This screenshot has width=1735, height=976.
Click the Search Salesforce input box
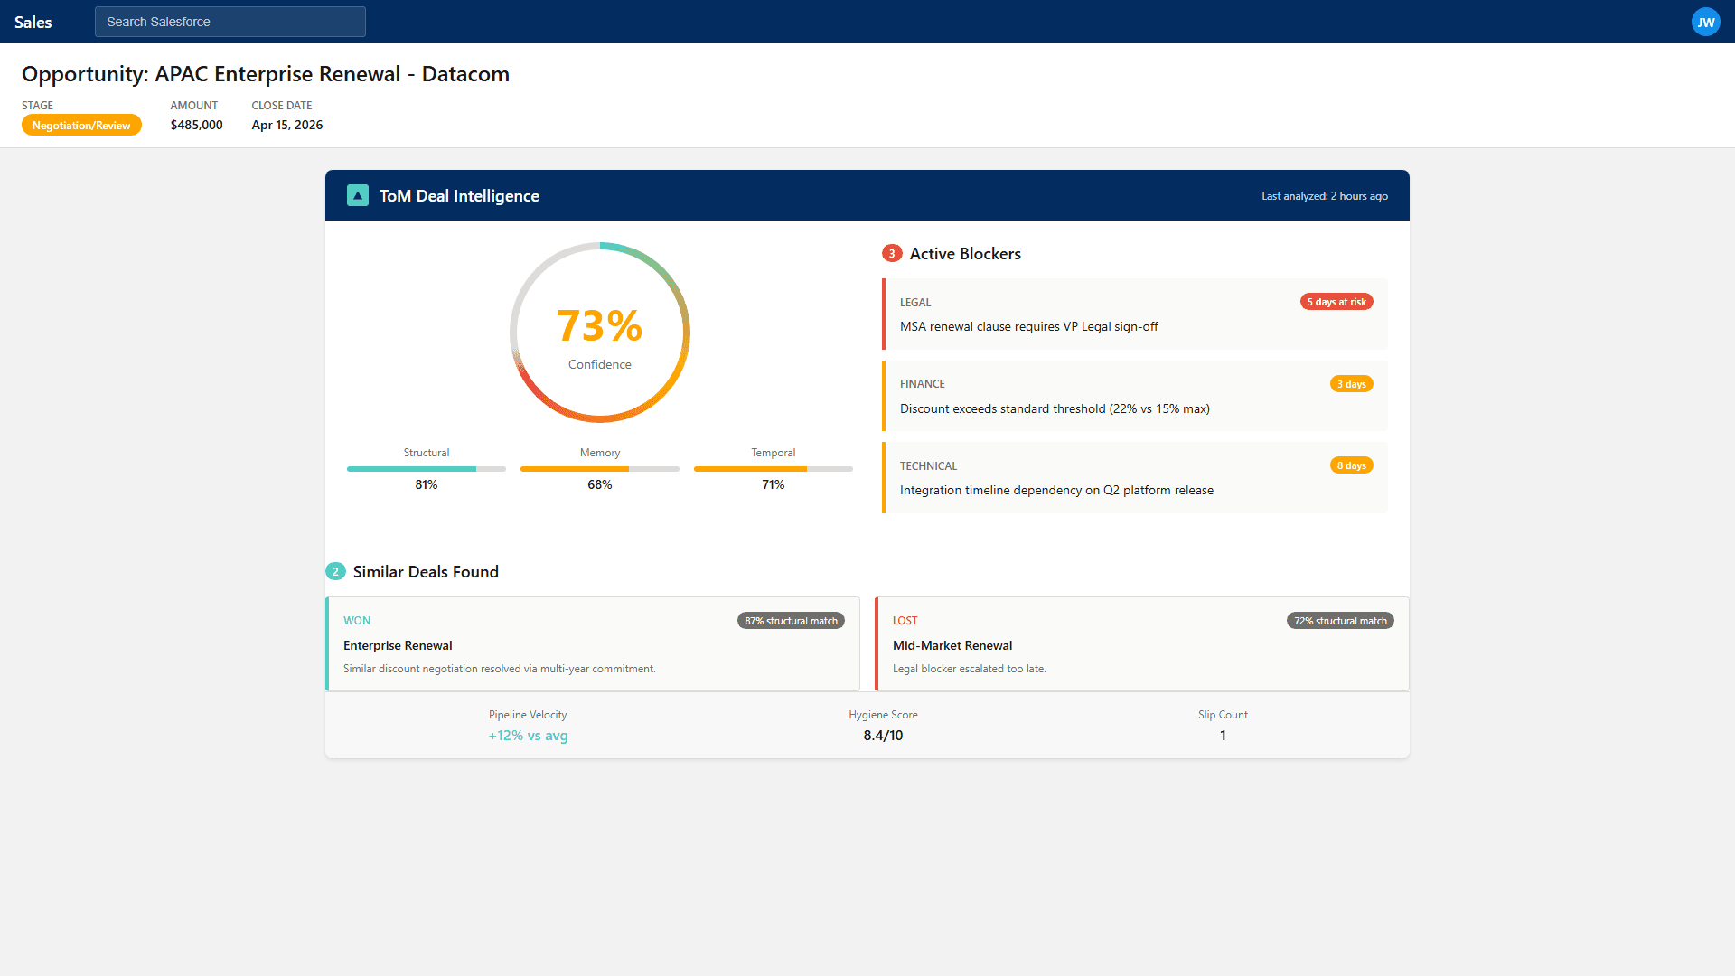(230, 22)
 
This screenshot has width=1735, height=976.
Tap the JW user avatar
(1705, 23)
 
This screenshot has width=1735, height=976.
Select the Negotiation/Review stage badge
(81, 126)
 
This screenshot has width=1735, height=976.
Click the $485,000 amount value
(196, 125)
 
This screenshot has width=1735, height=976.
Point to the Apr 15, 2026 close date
(286, 125)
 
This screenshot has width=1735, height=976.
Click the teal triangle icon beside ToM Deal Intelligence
(358, 195)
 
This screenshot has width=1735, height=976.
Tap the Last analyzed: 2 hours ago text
(1324, 196)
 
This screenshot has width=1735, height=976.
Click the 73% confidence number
(599, 326)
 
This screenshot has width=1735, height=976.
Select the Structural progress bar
(426, 469)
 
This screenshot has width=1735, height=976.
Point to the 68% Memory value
(599, 484)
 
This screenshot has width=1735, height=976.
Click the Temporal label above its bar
(773, 453)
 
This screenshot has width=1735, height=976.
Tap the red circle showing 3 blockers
(892, 254)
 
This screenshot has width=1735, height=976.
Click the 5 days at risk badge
(1336, 302)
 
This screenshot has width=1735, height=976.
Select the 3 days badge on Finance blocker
(1351, 384)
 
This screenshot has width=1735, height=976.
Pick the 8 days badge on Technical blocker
(1351, 465)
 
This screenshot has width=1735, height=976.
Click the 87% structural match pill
(791, 621)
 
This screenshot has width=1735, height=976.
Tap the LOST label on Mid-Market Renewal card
(905, 621)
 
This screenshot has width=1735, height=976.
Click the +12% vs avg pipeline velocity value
(528, 736)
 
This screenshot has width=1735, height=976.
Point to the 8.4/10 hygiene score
(883, 736)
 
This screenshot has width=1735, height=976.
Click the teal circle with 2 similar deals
(335, 572)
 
